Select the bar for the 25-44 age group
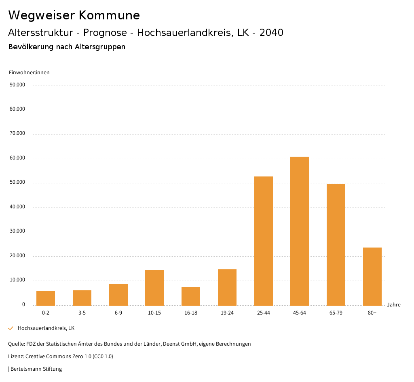click(x=263, y=241)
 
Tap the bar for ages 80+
click(x=372, y=276)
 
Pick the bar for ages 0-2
click(x=46, y=298)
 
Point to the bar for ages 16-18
click(x=191, y=296)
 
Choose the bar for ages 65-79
click(x=336, y=244)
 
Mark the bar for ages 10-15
click(x=154, y=288)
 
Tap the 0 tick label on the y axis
click(x=23, y=304)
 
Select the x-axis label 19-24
click(x=227, y=313)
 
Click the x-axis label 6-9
click(x=118, y=313)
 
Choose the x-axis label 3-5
click(x=82, y=313)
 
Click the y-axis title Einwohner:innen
click(x=29, y=73)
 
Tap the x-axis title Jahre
click(x=393, y=304)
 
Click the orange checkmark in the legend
click(x=11, y=328)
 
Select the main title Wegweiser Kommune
click(x=74, y=15)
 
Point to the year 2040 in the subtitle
click(x=271, y=33)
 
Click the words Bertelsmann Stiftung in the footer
click(x=36, y=369)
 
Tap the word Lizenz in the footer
click(x=16, y=356)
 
